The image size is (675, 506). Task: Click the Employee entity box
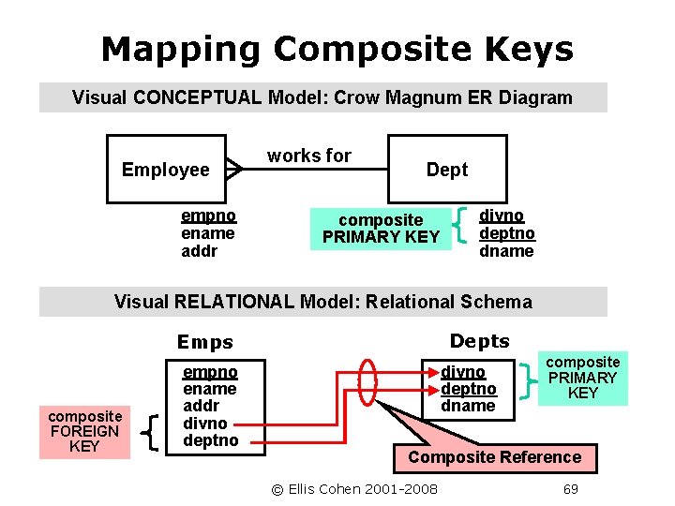pos(166,170)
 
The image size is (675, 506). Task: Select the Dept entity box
pos(447,170)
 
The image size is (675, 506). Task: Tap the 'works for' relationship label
pos(308,156)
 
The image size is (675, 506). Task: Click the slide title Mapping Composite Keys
pos(337,49)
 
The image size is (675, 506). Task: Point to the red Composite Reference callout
pos(494,457)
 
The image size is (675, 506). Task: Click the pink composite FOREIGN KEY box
pos(84,431)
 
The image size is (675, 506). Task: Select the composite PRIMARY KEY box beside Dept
pos(381,228)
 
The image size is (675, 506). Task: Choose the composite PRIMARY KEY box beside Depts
pos(582,378)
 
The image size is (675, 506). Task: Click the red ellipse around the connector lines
pos(367,383)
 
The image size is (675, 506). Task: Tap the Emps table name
pos(205,343)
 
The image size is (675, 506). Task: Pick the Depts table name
pos(480,341)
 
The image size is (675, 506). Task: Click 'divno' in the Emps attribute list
pos(202,423)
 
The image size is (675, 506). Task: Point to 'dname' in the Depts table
pos(468,406)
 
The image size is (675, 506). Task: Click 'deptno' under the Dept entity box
pos(506,233)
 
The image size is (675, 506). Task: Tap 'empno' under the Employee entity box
pos(208,216)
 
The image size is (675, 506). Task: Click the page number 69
pos(570,489)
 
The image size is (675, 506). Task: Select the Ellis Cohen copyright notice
pos(354,489)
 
